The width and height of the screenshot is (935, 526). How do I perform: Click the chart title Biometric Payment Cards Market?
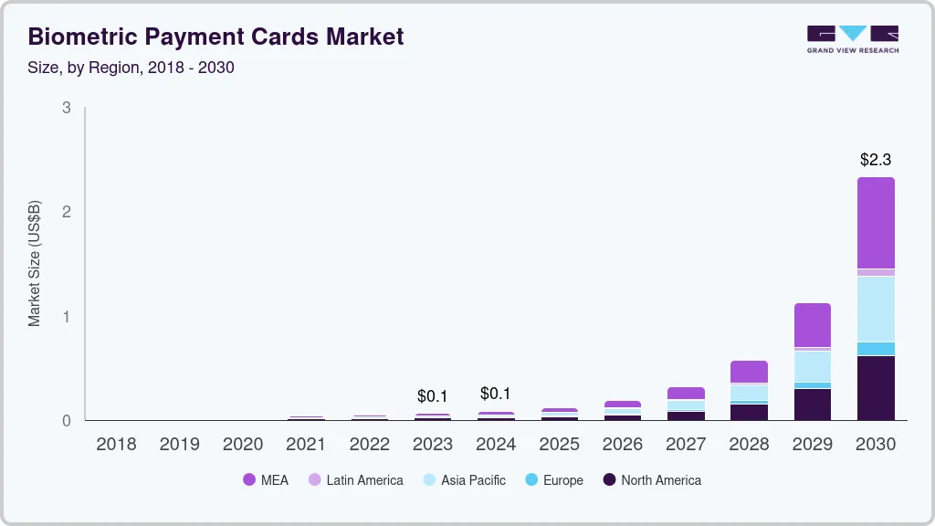pyautogui.click(x=215, y=37)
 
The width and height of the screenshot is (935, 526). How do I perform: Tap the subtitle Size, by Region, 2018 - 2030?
pyautogui.click(x=131, y=68)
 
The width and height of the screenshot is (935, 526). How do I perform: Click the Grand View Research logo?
pyautogui.click(x=852, y=38)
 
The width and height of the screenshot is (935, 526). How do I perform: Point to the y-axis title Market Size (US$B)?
pyautogui.click(x=35, y=263)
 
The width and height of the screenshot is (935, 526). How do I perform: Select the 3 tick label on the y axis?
pyautogui.click(x=66, y=108)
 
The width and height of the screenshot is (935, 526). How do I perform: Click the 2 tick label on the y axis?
pyautogui.click(x=66, y=212)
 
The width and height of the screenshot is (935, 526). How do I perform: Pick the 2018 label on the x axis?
pyautogui.click(x=116, y=444)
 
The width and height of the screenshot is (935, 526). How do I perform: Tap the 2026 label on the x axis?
pyautogui.click(x=623, y=444)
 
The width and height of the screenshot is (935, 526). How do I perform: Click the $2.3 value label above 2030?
pyautogui.click(x=876, y=160)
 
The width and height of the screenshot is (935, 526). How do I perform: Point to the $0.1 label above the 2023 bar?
pyautogui.click(x=433, y=396)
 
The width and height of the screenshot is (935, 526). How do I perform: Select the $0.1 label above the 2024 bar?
pyautogui.click(x=496, y=394)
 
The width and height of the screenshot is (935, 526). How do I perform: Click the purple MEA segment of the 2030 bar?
pyautogui.click(x=876, y=223)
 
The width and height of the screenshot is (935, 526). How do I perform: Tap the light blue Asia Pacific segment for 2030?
pyautogui.click(x=876, y=309)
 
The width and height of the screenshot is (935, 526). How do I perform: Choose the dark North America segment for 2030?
pyautogui.click(x=876, y=388)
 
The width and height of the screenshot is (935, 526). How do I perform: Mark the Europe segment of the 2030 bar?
pyautogui.click(x=876, y=349)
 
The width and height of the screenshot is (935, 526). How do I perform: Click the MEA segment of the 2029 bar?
pyautogui.click(x=812, y=325)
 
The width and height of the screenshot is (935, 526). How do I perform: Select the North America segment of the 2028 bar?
pyautogui.click(x=749, y=412)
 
